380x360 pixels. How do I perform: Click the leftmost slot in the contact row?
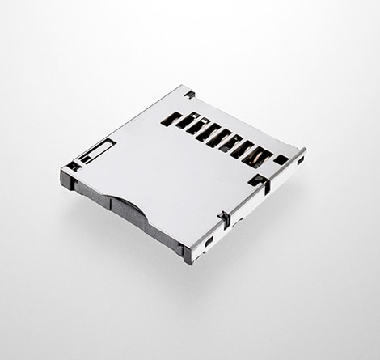171,119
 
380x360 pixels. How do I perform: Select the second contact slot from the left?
185,124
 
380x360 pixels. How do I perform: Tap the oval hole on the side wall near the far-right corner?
300,161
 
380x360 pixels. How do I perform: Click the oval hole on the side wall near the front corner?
209,241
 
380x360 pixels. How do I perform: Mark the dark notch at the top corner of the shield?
189,95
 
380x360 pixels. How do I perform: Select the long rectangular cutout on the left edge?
98,150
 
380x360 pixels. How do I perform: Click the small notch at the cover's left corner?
74,166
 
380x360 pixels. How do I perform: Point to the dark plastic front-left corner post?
68,179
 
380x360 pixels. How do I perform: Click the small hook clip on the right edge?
224,218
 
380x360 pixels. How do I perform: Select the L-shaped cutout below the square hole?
259,181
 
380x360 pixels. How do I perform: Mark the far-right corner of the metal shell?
304,150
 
